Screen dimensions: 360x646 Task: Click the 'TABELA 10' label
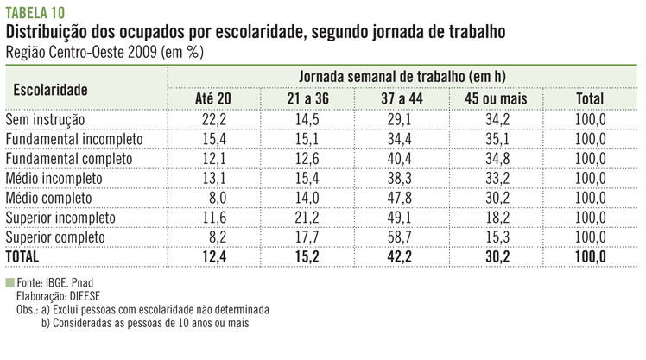(35, 11)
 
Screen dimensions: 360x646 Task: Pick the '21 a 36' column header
(307, 99)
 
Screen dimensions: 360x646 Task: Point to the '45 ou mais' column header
(495, 99)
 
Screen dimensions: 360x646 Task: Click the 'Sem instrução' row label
(46, 119)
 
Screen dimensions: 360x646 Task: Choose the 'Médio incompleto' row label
(54, 178)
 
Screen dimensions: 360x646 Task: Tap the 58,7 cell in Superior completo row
(400, 237)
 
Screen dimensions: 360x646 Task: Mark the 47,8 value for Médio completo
(400, 198)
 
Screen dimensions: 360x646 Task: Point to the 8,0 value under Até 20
(215, 198)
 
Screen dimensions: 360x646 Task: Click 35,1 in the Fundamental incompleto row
(495, 139)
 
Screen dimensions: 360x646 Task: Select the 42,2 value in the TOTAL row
(400, 256)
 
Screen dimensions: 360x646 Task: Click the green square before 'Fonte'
(9, 282)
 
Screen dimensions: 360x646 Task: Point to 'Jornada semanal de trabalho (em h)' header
(403, 76)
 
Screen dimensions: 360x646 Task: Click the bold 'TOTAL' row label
(23, 256)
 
